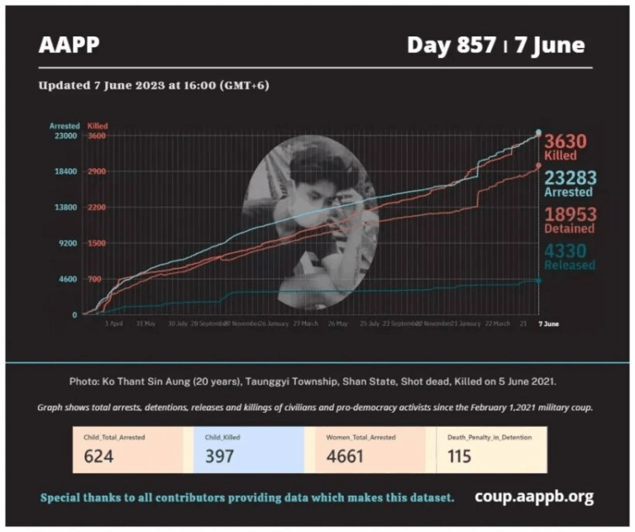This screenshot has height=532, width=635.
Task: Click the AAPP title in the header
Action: pyautogui.click(x=69, y=45)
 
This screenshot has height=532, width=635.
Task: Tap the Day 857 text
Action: pyautogui.click(x=452, y=45)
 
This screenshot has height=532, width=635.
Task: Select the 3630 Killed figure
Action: pyautogui.click(x=569, y=141)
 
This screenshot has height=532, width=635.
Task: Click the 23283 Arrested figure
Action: pyautogui.click(x=570, y=178)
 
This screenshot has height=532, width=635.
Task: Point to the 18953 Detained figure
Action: pyautogui.click(x=570, y=215)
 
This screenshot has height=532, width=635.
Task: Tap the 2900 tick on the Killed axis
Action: pyautogui.click(x=97, y=171)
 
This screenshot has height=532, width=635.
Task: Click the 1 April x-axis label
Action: pyautogui.click(x=114, y=324)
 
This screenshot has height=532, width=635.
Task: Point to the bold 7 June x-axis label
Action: pyautogui.click(x=548, y=324)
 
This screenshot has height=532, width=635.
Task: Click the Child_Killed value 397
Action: pyautogui.click(x=219, y=456)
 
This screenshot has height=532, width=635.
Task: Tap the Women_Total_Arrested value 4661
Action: pyautogui.click(x=346, y=456)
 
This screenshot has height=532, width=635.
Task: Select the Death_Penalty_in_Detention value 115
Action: pyautogui.click(x=459, y=456)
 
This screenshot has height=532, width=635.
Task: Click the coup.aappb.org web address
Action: pyautogui.click(x=534, y=496)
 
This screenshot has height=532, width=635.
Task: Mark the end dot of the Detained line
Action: pyautogui.click(x=538, y=165)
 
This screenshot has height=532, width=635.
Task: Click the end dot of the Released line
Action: pyautogui.click(x=538, y=280)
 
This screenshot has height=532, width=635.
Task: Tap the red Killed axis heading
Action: pyautogui.click(x=98, y=126)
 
